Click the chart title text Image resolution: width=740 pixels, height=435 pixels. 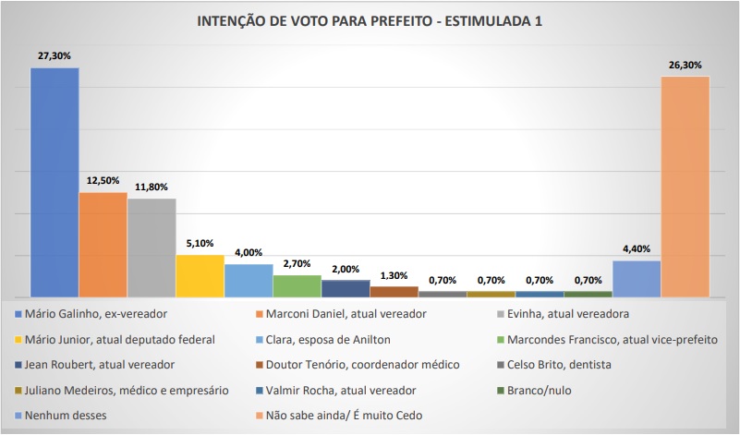coord(370,22)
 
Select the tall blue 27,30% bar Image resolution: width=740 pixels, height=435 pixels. coord(55,181)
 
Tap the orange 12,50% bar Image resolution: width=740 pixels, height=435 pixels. coord(103,244)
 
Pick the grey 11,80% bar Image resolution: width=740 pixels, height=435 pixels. coord(152,248)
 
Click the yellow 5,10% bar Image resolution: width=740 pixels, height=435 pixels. coord(200,275)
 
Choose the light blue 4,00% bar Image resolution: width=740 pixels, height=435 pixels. coord(249,280)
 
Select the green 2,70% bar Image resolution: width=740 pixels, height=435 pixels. coord(297,285)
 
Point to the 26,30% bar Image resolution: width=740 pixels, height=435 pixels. coord(685,186)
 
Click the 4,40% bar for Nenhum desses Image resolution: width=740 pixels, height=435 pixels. coord(637,278)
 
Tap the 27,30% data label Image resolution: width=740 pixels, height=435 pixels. coord(55,55)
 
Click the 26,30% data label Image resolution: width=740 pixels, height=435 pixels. coord(685,65)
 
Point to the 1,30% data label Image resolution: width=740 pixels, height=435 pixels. coord(394,275)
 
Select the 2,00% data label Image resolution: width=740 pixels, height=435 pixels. coord(346,269)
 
